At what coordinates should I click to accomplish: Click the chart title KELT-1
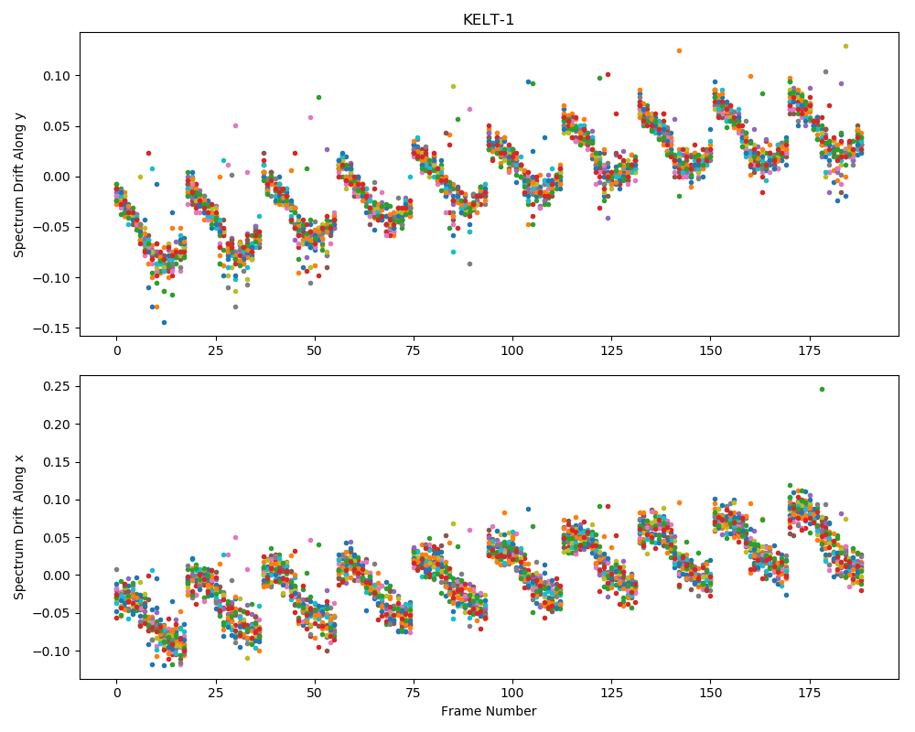click(x=489, y=20)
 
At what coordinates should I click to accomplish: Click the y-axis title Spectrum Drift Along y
click(x=19, y=184)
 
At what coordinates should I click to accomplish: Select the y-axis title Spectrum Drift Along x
click(x=19, y=527)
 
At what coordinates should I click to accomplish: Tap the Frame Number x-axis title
click(x=489, y=711)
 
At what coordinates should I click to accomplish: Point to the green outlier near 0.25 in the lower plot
click(x=823, y=390)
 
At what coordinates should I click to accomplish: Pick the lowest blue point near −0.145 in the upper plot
click(x=164, y=322)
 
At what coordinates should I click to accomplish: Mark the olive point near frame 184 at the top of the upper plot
click(x=845, y=46)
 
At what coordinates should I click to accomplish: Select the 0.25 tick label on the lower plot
click(x=57, y=386)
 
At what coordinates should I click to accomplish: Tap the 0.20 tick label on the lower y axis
click(x=57, y=425)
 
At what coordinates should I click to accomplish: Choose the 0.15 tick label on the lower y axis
click(x=57, y=462)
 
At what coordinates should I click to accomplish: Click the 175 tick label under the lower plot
click(x=810, y=694)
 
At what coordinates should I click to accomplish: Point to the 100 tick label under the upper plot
click(x=512, y=350)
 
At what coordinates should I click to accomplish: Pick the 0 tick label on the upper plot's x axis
click(x=117, y=350)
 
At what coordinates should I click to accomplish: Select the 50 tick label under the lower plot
click(x=315, y=694)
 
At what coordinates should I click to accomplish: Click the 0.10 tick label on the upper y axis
click(x=57, y=76)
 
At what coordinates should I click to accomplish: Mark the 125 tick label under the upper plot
click(x=611, y=350)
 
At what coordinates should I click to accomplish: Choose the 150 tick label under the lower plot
click(x=710, y=694)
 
